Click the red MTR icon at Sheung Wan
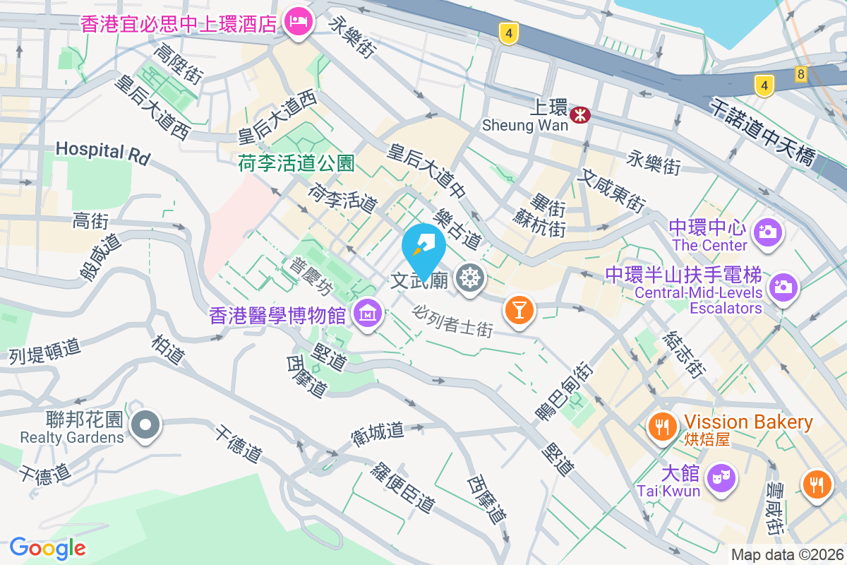pos(581,114)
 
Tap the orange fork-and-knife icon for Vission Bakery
pos(661,427)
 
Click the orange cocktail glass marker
pos(519,309)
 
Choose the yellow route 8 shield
pos(800,74)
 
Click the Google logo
pos(48,548)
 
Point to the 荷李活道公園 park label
pos(296,164)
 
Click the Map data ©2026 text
pos(786,554)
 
